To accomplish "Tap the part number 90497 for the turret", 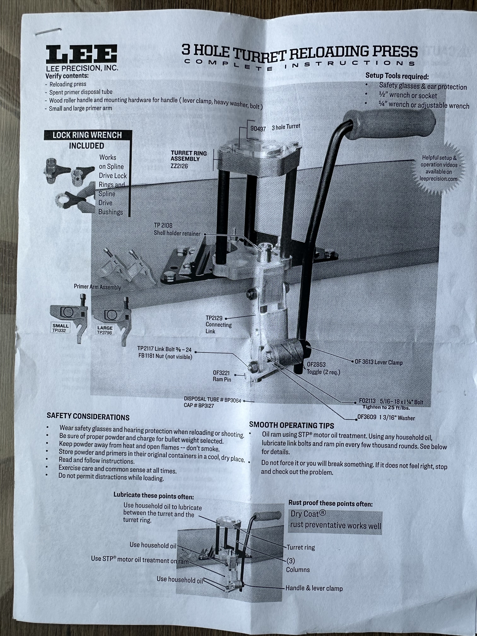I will point(258,129).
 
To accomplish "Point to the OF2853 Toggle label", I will point(322,368).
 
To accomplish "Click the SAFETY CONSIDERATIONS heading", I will point(88,417).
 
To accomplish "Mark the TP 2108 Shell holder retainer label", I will point(177,229).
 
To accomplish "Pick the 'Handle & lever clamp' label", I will point(314,588).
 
